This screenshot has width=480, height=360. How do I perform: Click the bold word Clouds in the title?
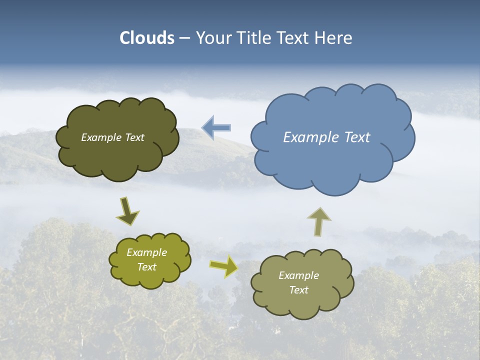147,38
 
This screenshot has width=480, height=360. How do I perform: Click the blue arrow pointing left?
216,128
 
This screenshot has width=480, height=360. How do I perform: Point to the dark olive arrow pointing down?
127,211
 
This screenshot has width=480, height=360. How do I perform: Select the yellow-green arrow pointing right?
223,266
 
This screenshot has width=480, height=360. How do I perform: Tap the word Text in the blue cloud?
357,137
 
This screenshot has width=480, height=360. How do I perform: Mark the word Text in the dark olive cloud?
135,137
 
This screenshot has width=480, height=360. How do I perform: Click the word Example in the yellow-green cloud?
146,252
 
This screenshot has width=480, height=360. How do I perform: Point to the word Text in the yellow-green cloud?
146,267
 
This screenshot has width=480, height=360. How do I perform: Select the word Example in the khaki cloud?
298,275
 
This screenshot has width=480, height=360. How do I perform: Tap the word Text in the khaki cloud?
298,290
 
